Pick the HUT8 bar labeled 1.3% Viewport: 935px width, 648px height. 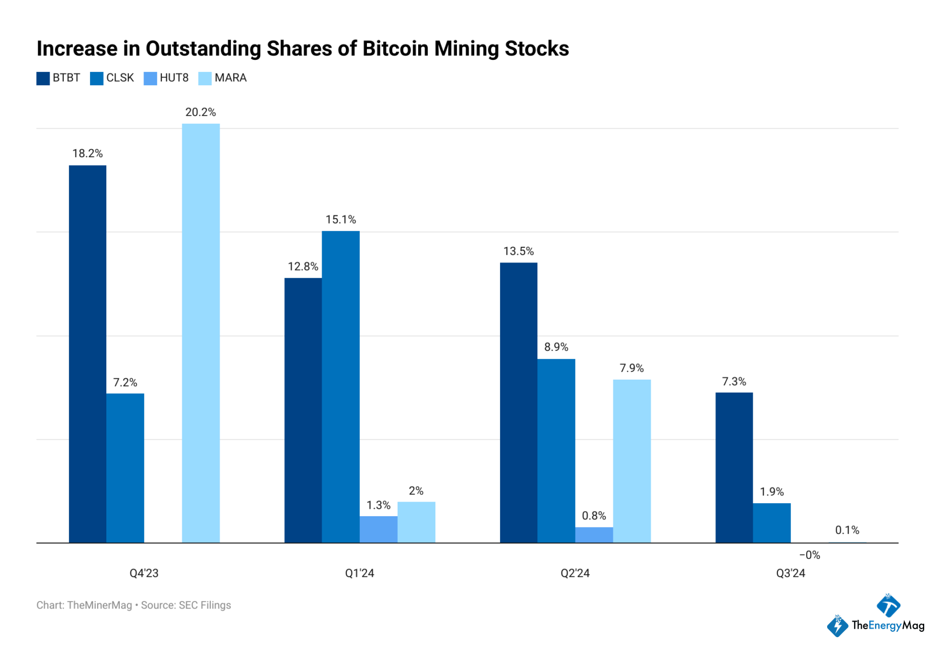pos(378,529)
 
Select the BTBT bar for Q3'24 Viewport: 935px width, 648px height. pos(734,467)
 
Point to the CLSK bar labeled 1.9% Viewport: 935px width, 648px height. pos(772,523)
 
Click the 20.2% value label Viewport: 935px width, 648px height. pos(201,112)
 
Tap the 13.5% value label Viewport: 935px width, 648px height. pos(518,251)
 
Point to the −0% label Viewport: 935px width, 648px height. pos(809,555)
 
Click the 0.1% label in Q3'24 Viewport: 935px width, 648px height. pos(847,530)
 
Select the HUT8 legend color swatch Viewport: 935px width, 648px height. pos(150,78)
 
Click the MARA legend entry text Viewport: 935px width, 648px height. pos(230,78)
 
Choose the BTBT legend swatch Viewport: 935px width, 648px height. pos(43,78)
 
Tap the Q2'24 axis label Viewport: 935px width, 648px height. pos(575,573)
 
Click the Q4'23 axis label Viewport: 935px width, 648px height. pos(144,573)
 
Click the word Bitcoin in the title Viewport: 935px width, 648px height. pos(395,49)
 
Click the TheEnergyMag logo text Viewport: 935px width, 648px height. pos(887,625)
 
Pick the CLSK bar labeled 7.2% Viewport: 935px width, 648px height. pos(125,468)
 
